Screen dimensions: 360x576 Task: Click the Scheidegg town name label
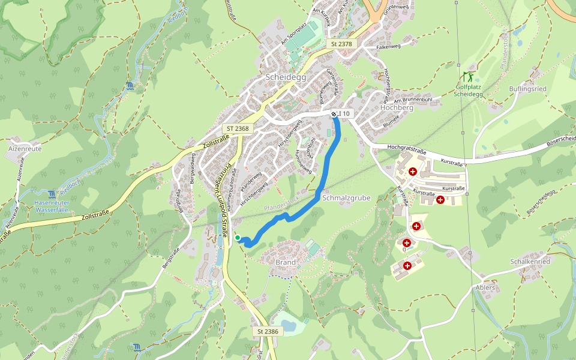click(285, 77)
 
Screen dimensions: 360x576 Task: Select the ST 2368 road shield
click(238, 128)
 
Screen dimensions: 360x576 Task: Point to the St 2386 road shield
click(268, 331)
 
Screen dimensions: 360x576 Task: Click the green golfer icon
click(467, 77)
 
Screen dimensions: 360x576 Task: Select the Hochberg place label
click(397, 107)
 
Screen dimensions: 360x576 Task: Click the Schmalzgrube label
click(346, 197)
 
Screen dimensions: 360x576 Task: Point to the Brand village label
click(286, 263)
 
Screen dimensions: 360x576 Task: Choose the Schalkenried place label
click(530, 262)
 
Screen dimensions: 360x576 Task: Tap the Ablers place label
click(485, 287)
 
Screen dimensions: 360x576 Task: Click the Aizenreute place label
click(25, 147)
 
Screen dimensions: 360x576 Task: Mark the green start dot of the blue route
click(238, 238)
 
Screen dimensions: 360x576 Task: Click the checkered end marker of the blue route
click(334, 113)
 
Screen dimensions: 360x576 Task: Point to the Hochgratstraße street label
click(406, 149)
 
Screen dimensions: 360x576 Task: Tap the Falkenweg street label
click(388, 46)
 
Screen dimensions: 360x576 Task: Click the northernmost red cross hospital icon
click(412, 172)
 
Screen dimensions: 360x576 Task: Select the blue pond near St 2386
click(289, 325)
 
